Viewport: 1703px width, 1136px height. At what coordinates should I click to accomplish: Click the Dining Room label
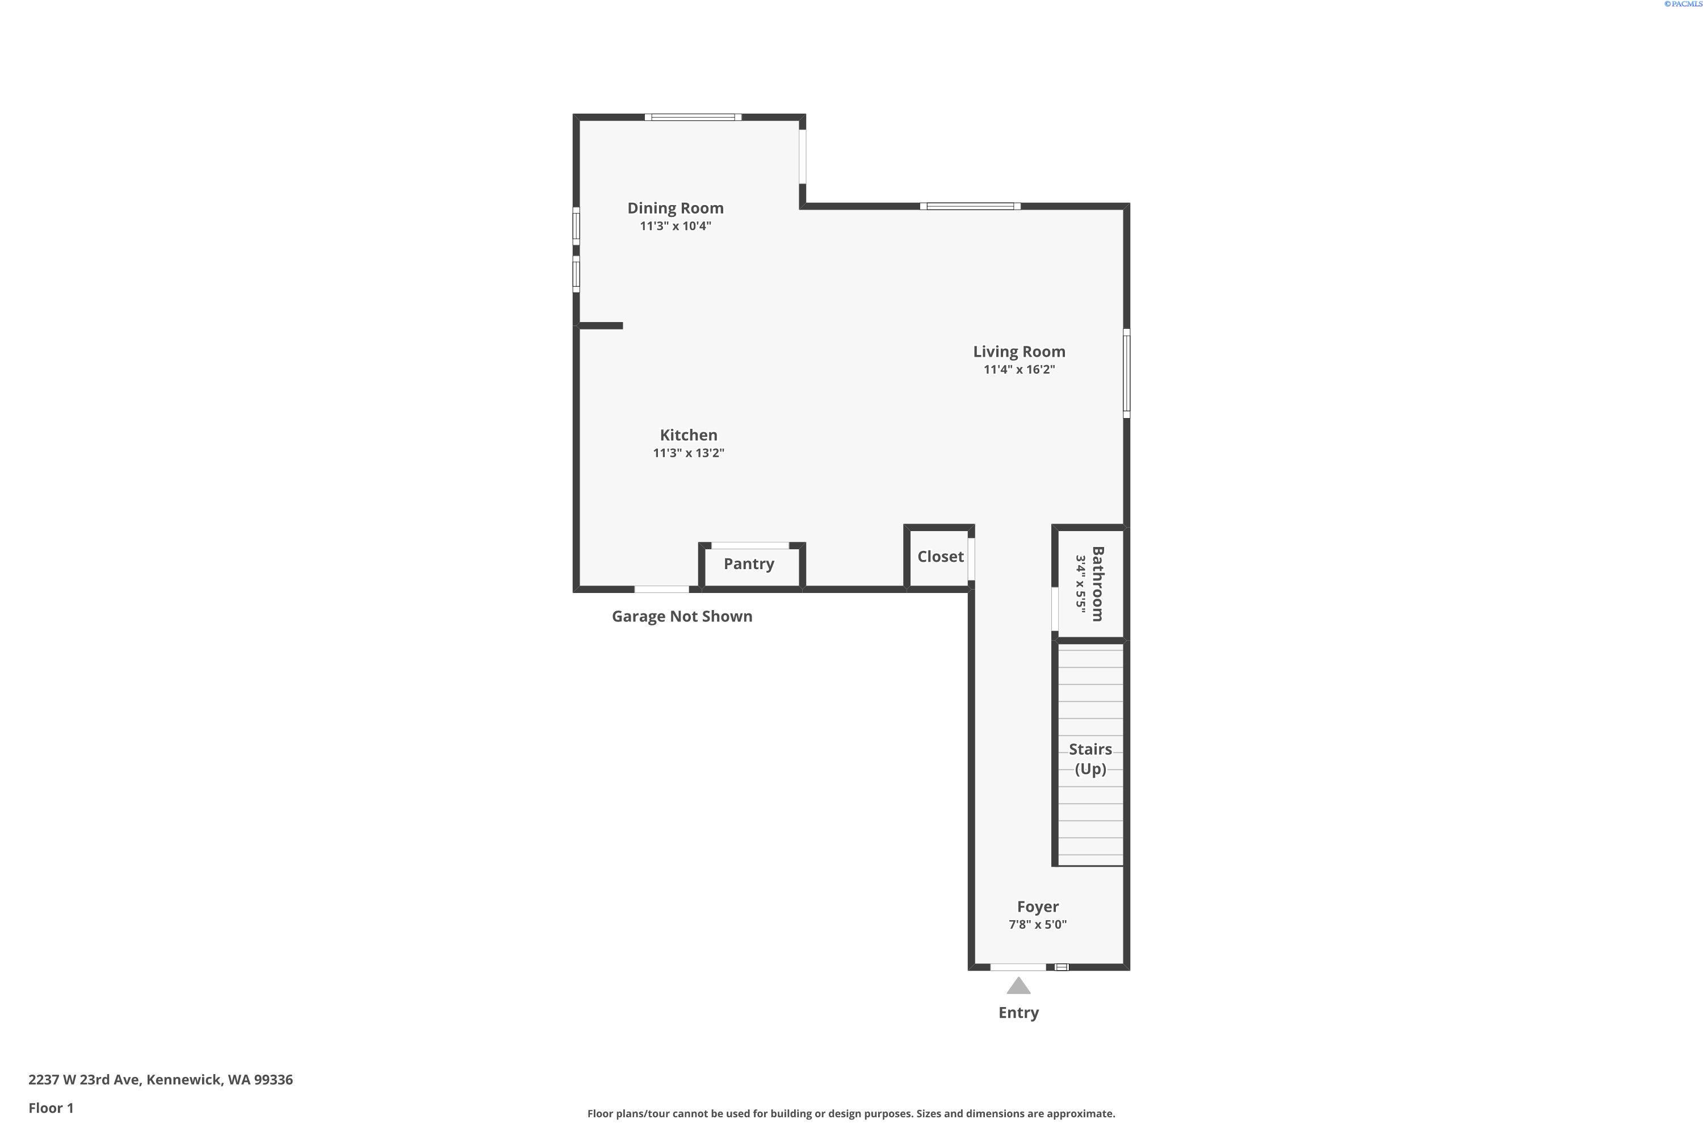coord(675,208)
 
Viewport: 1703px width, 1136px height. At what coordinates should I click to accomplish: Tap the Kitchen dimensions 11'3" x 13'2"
coord(688,453)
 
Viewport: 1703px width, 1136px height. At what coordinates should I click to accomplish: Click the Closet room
coord(940,557)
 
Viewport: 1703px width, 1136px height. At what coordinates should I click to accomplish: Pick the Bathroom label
coord(1097,584)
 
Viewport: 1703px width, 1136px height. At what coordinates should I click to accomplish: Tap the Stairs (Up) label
coord(1090,758)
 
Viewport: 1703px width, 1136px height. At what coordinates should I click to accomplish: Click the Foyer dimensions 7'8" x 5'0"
coord(1037,925)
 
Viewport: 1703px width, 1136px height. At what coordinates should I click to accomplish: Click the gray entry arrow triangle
coord(1018,987)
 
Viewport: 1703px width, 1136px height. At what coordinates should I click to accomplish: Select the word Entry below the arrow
coord(1018,1013)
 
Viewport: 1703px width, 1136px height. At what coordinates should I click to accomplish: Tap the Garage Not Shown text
coord(681,616)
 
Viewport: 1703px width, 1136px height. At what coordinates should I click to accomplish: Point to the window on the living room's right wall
coord(1126,373)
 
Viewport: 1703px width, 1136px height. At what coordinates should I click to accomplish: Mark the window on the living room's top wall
coord(970,207)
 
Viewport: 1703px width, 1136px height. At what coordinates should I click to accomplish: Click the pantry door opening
coord(749,545)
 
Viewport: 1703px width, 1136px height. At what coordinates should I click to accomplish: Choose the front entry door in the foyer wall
coord(1017,967)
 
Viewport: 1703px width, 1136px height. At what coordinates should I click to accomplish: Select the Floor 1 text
coord(51,1108)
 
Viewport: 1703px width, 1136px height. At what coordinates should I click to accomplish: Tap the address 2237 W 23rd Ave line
coord(160,1080)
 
